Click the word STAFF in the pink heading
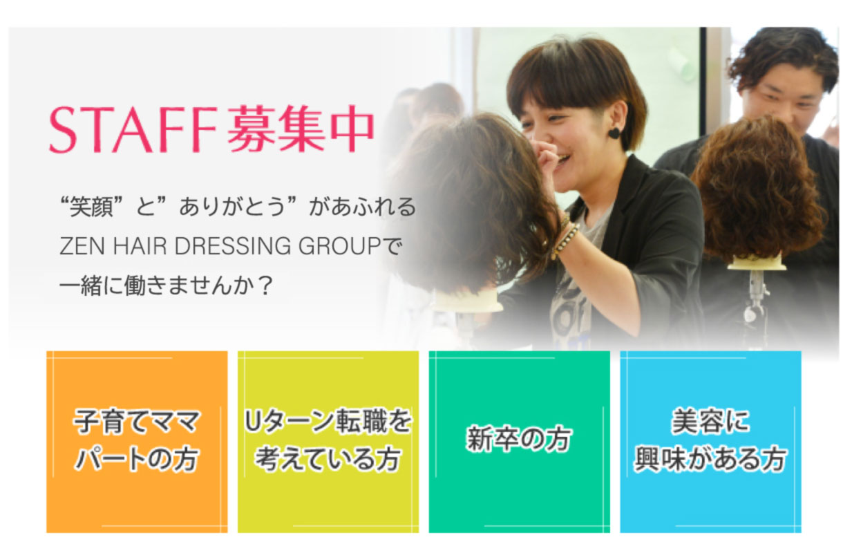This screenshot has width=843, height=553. click(133, 129)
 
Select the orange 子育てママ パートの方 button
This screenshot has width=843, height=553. click(137, 442)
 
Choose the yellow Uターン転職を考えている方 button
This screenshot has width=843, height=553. click(328, 442)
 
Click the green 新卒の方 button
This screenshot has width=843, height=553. click(520, 442)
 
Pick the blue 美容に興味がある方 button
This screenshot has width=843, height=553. click(710, 442)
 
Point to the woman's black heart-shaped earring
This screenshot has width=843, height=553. click(614, 133)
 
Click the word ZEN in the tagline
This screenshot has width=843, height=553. click(82, 246)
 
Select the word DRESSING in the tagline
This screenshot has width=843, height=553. click(233, 246)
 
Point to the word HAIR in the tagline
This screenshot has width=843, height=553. click(140, 246)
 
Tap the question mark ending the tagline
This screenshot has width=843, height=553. click(265, 286)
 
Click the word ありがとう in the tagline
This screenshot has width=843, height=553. click(232, 207)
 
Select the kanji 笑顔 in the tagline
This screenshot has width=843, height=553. click(91, 207)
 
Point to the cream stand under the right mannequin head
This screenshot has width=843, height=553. click(757, 263)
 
